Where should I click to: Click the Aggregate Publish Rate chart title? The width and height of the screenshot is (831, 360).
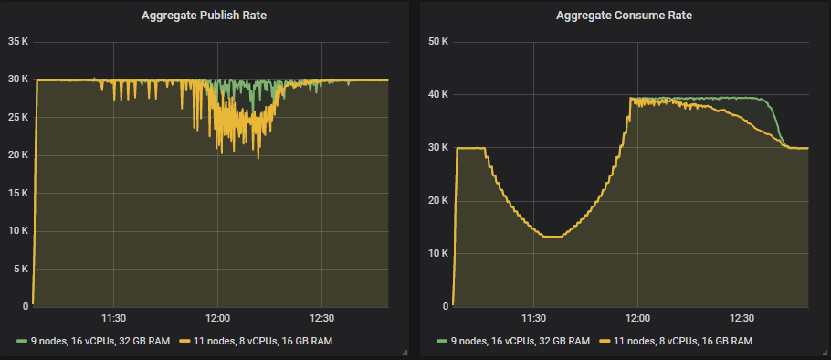click(205, 16)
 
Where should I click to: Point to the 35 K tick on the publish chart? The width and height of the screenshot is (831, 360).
click(17, 42)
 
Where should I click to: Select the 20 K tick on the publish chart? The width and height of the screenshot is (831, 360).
click(17, 155)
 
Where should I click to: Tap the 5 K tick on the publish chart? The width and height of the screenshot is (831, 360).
click(20, 269)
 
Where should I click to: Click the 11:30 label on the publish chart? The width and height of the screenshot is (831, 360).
click(112, 319)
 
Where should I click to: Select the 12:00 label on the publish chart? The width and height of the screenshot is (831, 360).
click(217, 319)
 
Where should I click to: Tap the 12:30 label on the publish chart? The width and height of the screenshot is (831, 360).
click(322, 319)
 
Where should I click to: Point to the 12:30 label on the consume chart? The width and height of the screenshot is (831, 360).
click(742, 319)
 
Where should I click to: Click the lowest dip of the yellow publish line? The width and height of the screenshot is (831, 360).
click(258, 158)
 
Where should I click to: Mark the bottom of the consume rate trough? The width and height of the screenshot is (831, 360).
click(552, 237)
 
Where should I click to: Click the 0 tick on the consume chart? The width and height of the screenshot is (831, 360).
click(445, 306)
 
